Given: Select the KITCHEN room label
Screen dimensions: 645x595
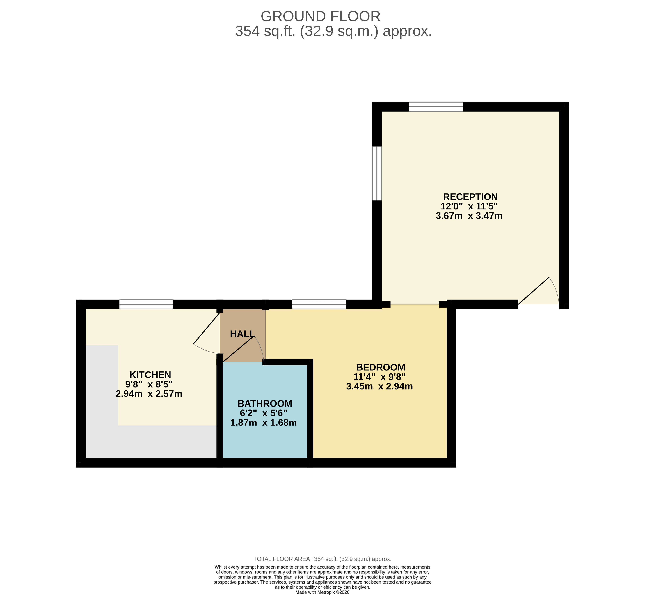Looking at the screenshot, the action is [x=150, y=375].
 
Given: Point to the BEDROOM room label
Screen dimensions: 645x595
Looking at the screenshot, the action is [x=381, y=367].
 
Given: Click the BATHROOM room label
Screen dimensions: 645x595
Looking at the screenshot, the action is [x=265, y=404].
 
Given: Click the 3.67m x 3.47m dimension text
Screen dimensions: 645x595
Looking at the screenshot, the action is [x=469, y=216].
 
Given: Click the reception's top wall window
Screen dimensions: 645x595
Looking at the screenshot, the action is [x=436, y=107].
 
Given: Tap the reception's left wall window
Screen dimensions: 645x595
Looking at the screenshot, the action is [x=377, y=173].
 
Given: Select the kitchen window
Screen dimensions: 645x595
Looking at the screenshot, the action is [x=146, y=304].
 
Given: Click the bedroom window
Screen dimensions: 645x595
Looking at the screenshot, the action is [x=319, y=304].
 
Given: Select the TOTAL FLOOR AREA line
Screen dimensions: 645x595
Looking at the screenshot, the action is [x=322, y=559].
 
